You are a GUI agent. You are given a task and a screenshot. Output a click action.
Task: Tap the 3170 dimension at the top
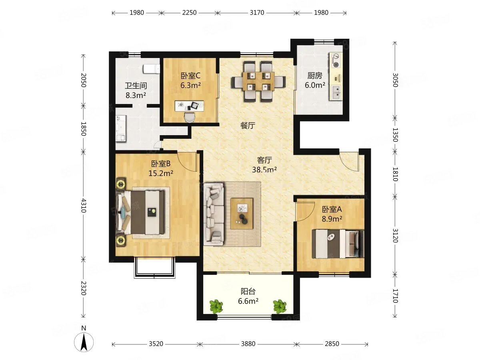pos(257,13)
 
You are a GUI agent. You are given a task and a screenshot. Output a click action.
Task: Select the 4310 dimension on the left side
pos(83,206)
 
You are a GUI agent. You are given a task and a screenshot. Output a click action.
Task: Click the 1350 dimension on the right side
pos(395,135)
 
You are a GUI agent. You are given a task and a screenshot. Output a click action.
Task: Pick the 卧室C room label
pos(190,76)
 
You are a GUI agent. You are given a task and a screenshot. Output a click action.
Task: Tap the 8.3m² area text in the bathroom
pos(136,95)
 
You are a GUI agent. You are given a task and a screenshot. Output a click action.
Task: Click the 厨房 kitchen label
pos(315,76)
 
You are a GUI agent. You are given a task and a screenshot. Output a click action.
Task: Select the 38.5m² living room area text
pos(264,169)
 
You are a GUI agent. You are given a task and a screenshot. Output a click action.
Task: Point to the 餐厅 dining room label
pos(248,126)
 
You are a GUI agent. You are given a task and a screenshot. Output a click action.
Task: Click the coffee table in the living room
pos(242,214)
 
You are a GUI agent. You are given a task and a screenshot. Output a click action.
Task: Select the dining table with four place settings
pos(258,81)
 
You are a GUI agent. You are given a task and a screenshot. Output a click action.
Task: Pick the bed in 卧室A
pos(338,244)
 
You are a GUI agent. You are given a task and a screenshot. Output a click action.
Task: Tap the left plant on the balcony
pos(216,306)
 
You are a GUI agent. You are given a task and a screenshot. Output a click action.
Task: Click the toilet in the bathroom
pos(151,69)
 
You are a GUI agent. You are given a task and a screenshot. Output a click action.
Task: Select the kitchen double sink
pos(336,93)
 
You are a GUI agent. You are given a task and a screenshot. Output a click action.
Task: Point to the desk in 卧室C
pos(189,106)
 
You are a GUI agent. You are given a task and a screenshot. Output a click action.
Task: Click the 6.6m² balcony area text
pos(248,301)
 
